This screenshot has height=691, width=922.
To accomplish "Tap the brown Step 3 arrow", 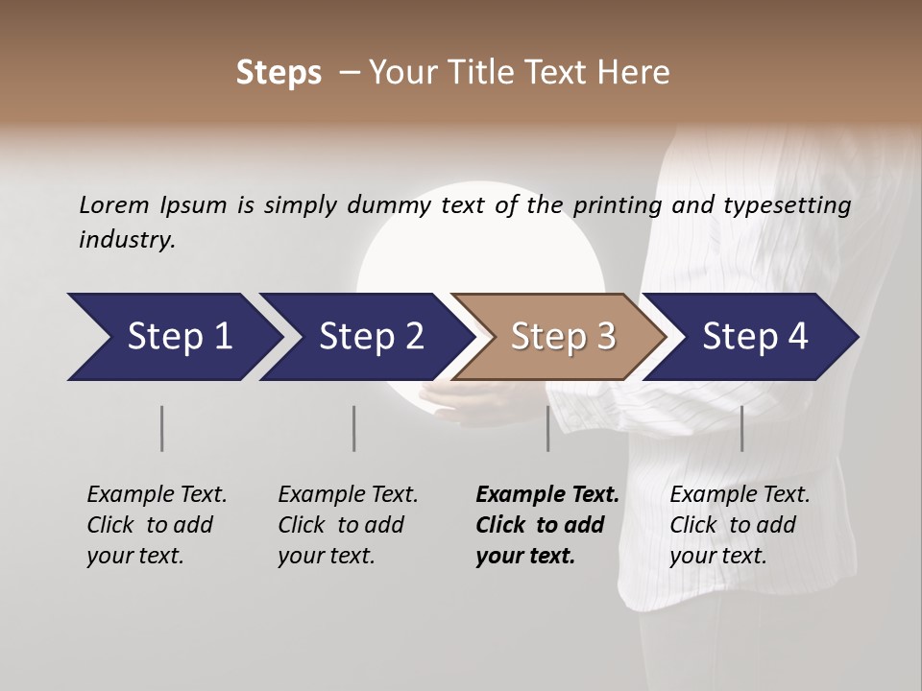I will pyautogui.click(x=562, y=337).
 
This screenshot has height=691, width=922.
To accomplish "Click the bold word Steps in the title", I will pyautogui.click(x=279, y=72).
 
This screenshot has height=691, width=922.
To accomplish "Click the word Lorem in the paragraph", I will pyautogui.click(x=113, y=204).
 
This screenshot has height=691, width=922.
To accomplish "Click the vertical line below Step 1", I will pyautogui.click(x=162, y=428).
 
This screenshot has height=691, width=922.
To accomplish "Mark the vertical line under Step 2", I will pyautogui.click(x=354, y=428).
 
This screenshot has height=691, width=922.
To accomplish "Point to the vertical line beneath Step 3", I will pyautogui.click(x=548, y=428).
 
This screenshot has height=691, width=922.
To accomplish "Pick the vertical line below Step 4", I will pyautogui.click(x=741, y=428).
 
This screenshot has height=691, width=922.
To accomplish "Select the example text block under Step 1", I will pyautogui.click(x=156, y=525).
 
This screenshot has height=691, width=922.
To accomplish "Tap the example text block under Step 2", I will pyautogui.click(x=347, y=525).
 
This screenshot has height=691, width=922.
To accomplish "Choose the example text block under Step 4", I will pyautogui.click(x=739, y=525).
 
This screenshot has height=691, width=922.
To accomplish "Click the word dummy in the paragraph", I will pyautogui.click(x=389, y=204).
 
